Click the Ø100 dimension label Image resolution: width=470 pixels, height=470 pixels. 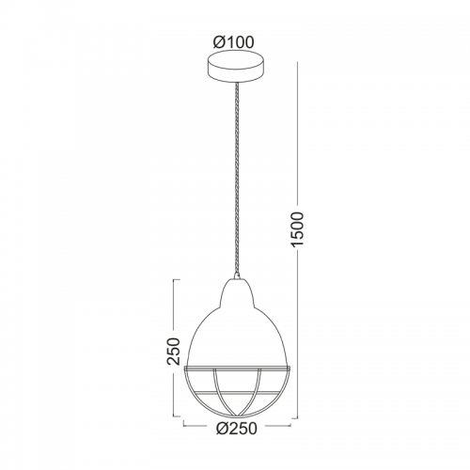point(233,42)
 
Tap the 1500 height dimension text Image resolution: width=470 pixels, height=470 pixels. point(297,230)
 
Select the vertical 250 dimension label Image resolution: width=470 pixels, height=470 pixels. point(174,351)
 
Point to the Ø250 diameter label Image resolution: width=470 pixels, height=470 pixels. point(237,429)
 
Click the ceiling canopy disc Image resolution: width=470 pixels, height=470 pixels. point(235,66)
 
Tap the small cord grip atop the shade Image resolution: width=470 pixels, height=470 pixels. point(237,275)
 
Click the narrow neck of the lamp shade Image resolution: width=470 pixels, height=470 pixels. point(237,291)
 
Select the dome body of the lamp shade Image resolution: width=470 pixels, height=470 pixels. point(237,336)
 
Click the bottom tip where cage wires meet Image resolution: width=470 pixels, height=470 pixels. point(237,416)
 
